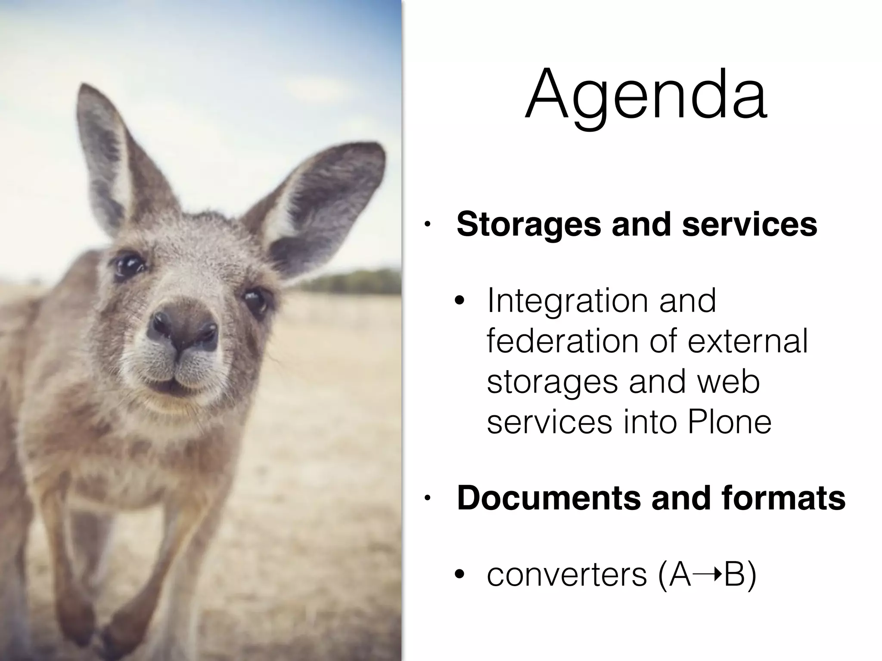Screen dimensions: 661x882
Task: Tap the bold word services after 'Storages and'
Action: pos(749,225)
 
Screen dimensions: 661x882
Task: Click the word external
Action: pos(747,341)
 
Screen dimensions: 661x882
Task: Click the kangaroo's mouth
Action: pos(172,379)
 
